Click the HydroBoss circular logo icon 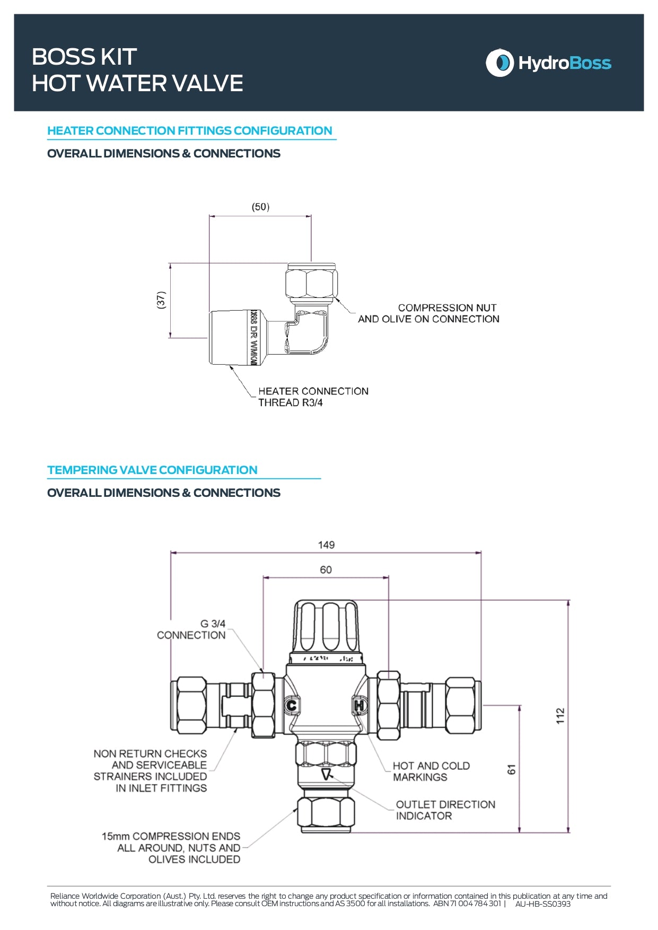[499, 63]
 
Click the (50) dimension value [260, 207]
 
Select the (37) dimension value [161, 300]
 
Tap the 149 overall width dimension [326, 545]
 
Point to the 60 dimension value [326, 569]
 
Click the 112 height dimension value [560, 715]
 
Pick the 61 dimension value [511, 769]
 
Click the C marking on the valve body [291, 706]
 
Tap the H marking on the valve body [359, 706]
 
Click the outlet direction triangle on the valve [327, 775]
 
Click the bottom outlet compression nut [326, 811]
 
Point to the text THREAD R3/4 [290, 402]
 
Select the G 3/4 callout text [213, 624]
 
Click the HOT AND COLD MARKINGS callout [431, 771]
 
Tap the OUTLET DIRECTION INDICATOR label [445, 810]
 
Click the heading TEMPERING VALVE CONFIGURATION [152, 470]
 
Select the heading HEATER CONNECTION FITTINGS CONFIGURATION [189, 130]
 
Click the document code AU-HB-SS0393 [542, 904]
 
